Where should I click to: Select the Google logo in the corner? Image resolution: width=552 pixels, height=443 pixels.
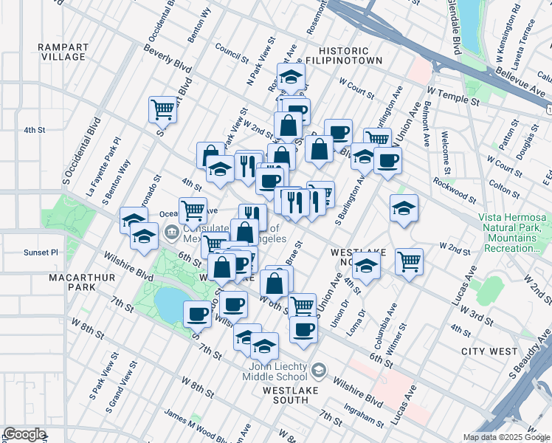(x=24, y=434)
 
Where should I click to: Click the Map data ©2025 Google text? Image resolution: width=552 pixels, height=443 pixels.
(x=507, y=437)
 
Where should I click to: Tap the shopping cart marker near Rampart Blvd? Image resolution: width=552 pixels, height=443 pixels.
(x=163, y=110)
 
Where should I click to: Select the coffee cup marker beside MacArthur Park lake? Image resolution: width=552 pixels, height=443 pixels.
(x=197, y=315)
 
